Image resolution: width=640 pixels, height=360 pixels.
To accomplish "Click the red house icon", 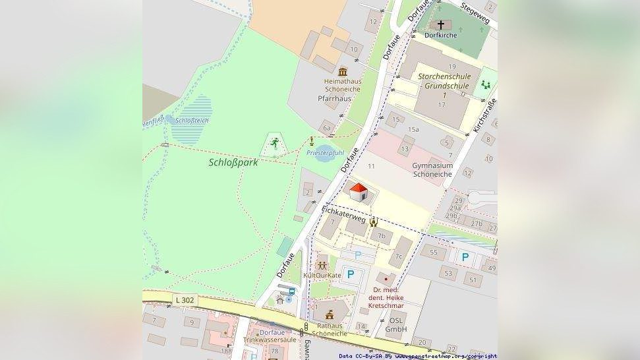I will click(358, 193).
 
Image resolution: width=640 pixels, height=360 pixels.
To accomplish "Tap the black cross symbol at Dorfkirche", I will click(440, 25).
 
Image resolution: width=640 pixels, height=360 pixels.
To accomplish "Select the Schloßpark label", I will click(233, 162).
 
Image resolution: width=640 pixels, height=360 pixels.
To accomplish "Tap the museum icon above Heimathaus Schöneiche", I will click(342, 71).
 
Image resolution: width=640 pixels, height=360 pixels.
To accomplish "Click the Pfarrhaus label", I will click(334, 98).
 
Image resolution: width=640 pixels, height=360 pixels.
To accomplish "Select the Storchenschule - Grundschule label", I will click(444, 81).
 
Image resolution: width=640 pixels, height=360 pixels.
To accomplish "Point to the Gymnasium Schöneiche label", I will click(432, 170).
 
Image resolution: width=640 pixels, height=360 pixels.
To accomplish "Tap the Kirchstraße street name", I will click(485, 115).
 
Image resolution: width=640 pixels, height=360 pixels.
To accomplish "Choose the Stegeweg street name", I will click(475, 13).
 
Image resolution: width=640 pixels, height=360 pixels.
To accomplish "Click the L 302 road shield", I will click(185, 300).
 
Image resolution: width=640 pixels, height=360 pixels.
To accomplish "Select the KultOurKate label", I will click(322, 275).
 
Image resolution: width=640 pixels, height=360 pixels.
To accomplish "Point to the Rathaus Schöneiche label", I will click(330, 329).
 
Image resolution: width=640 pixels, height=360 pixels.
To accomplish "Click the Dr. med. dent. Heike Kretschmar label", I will click(388, 298).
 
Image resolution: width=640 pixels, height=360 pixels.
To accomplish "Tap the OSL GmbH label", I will click(396, 324).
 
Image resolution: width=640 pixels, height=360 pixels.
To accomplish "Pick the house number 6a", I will click(326, 129).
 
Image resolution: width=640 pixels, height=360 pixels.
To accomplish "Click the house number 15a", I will click(413, 129).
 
